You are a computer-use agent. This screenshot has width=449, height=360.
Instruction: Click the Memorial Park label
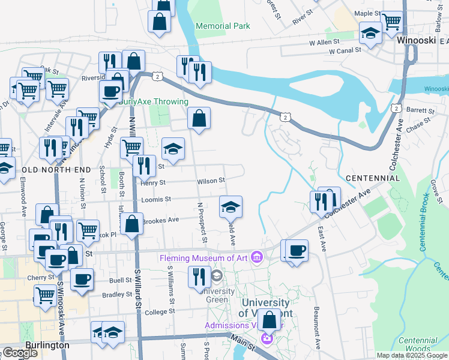coord(223,26)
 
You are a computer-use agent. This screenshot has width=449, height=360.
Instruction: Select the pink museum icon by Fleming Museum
coord(258,257)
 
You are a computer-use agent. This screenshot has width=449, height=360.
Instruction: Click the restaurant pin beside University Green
coord(199,276)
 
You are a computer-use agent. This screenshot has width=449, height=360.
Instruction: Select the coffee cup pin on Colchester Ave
coord(297,250)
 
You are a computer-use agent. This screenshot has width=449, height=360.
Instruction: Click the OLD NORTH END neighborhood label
coord(47,170)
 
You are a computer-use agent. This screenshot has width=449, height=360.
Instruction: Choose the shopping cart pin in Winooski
coord(391,20)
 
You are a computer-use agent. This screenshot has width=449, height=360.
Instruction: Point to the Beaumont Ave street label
coord(316,324)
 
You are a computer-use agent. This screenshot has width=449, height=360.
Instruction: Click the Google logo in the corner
coord(19,353)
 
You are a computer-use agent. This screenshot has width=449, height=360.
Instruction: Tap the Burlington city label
coord(47,346)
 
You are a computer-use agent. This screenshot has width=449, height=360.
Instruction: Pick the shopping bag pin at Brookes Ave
coord(132,223)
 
